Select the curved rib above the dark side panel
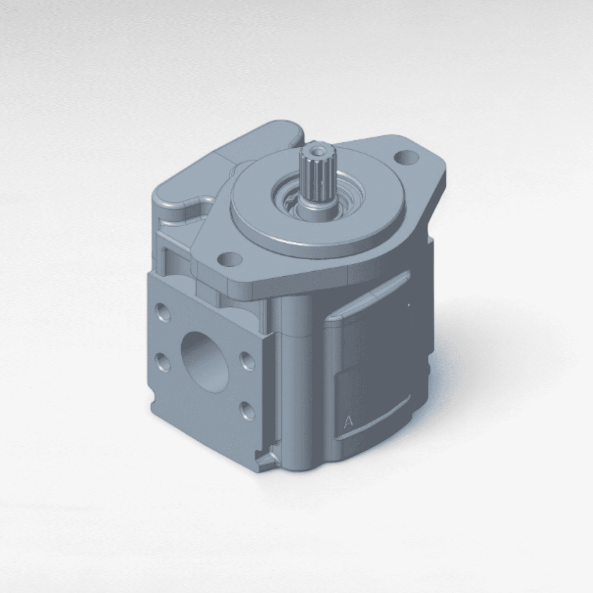pyautogui.click(x=376, y=296)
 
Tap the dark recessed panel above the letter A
pyautogui.click(x=376, y=346)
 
